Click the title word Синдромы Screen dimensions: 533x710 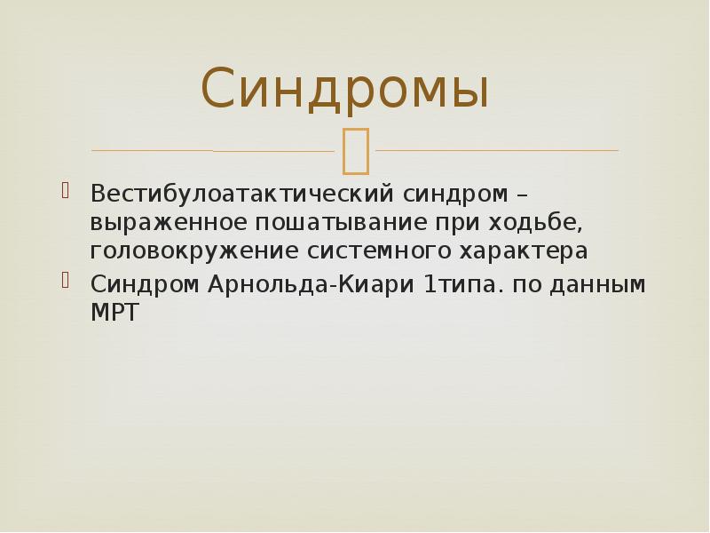tap(345, 90)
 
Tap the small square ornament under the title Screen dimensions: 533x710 tap(354, 150)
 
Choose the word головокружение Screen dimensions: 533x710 tap(195, 251)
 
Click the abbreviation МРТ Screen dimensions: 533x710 tap(115, 313)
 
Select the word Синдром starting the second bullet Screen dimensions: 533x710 tap(146, 284)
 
